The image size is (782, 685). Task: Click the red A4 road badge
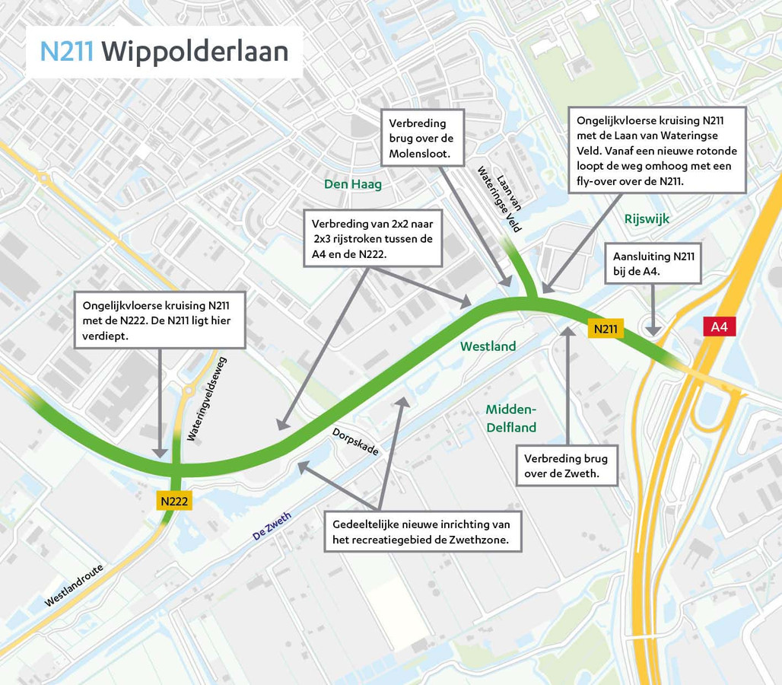719,327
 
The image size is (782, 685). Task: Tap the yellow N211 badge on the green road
606,329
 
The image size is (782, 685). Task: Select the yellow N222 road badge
174,501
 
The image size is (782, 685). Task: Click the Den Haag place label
352,184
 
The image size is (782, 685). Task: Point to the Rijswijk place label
647,218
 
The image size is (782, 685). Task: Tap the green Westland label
488,346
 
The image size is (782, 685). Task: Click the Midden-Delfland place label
511,419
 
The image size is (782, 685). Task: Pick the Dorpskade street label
354,441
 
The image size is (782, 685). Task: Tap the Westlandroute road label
73,585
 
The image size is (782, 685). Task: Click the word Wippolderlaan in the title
195,51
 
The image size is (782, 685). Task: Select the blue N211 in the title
67,51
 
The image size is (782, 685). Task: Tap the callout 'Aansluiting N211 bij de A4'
653,263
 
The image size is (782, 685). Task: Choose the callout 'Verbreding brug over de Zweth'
565,466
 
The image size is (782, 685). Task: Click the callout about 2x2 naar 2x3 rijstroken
373,239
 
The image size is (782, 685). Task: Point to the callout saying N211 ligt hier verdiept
161,319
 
